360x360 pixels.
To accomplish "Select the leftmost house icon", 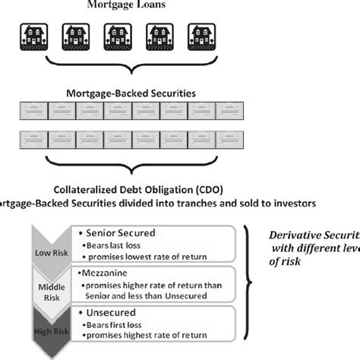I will [33, 36].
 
